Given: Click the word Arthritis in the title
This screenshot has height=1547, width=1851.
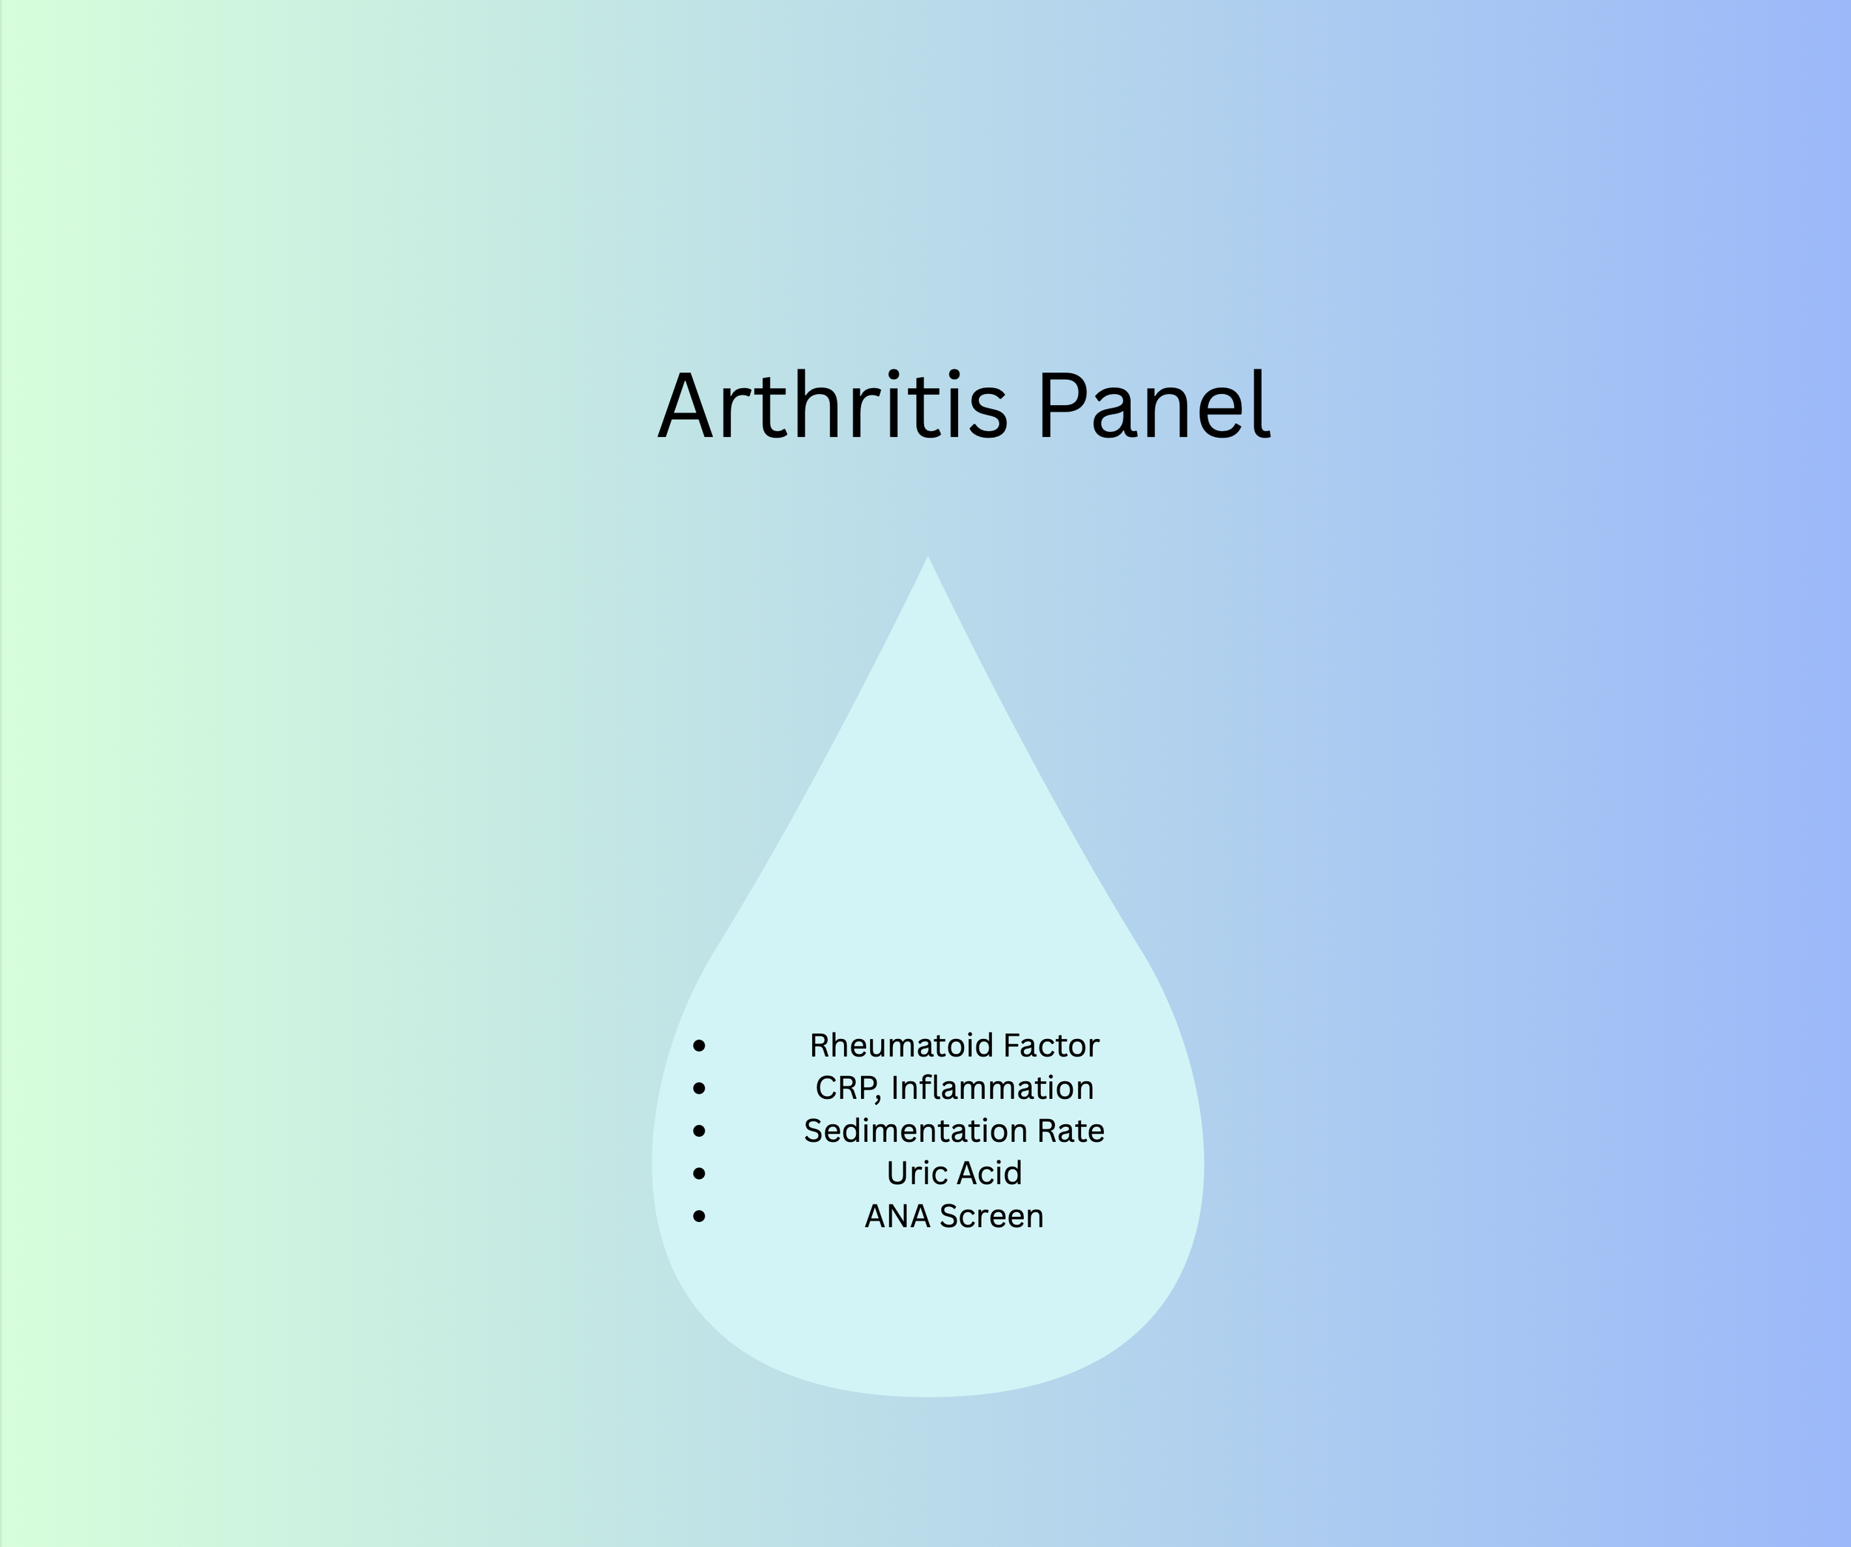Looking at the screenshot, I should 832,407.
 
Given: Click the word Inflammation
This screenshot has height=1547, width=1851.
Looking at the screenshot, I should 992,1088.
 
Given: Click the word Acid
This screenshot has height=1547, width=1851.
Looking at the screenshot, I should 989,1173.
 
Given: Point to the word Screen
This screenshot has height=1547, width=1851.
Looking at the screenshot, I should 991,1217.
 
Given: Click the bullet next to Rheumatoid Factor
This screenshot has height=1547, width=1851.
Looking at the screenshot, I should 700,1046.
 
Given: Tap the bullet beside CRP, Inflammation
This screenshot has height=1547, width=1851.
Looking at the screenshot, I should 700,1089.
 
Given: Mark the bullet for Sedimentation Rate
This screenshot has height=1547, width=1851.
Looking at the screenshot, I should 700,1131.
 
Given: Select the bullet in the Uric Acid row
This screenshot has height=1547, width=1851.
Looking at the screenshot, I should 700,1173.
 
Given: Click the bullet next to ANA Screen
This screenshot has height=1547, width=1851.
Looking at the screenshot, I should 700,1217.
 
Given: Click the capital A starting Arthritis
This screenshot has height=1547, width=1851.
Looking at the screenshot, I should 685,407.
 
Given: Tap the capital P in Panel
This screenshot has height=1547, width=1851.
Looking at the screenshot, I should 1060,407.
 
